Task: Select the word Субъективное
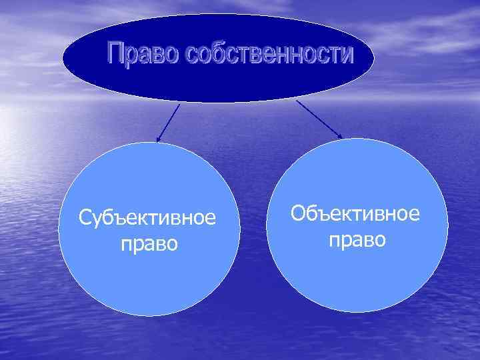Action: [x=147, y=218]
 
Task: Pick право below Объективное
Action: [x=357, y=239]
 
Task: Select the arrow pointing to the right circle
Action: [x=319, y=119]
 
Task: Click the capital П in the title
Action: [x=117, y=55]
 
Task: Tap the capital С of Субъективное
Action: [x=84, y=218]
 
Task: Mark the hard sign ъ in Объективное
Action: [x=322, y=214]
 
